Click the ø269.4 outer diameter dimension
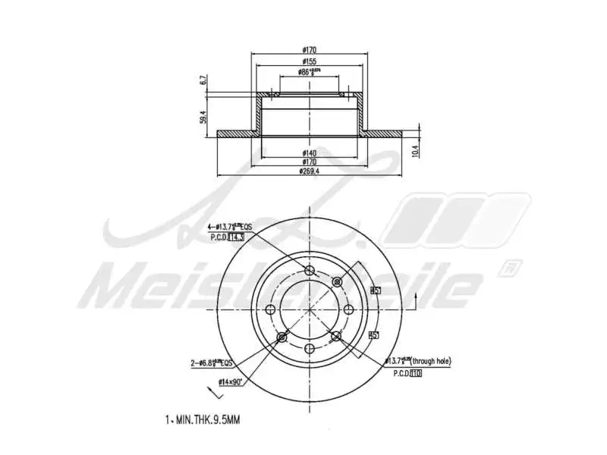(308, 171)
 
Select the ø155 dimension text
(309, 61)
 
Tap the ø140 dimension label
(309, 152)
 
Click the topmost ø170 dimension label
(309, 50)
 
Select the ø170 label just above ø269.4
(309, 162)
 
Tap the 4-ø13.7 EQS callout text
(230, 227)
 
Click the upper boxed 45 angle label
(375, 290)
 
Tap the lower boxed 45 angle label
(373, 334)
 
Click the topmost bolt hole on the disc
(310, 272)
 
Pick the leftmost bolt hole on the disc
(271, 309)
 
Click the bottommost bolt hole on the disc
(310, 348)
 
